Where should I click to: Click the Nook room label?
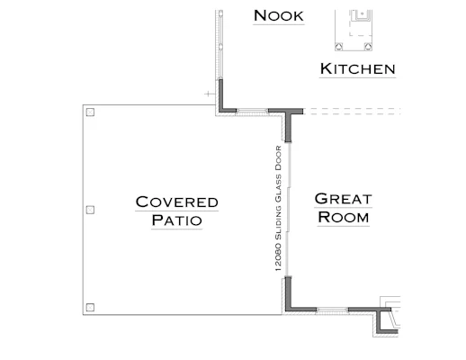point(279,15)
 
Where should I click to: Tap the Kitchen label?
point(357,68)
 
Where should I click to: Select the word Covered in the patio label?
point(176,202)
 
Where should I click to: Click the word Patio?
point(176,220)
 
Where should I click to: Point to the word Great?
point(343,199)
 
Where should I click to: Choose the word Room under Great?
point(343,217)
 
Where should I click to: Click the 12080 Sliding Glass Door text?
point(278,209)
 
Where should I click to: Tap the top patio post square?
point(90,112)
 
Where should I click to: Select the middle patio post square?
point(90,210)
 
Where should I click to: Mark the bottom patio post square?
point(90,307)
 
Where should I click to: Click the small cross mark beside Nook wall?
point(208,94)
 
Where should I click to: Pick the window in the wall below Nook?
point(252,112)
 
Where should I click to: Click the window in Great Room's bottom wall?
point(332,310)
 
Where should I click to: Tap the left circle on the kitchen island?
point(339,47)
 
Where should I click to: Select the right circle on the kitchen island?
point(368,47)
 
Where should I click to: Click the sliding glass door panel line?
point(288,209)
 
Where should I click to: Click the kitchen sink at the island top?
point(362,15)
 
